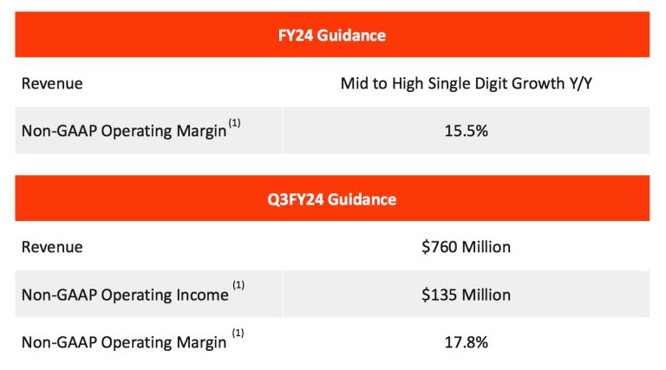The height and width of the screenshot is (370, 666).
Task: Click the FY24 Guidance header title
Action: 332,36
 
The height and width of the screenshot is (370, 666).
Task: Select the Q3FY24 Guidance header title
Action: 332,199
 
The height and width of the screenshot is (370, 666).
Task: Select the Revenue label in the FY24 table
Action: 52,83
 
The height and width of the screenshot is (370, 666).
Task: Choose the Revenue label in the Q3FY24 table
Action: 52,247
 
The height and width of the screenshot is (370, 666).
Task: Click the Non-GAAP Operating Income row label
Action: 125,295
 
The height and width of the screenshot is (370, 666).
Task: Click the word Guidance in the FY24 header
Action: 353,36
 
